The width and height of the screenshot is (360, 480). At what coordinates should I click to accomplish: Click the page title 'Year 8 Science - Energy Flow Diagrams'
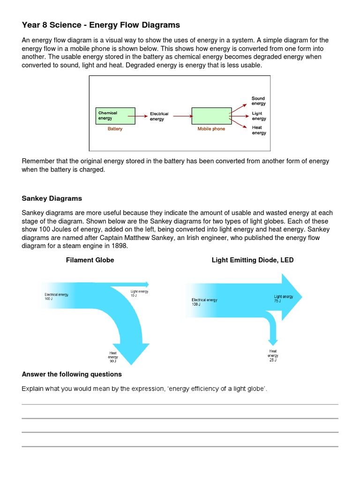(x=101, y=25)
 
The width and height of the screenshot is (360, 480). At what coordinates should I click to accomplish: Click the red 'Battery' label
(x=115, y=129)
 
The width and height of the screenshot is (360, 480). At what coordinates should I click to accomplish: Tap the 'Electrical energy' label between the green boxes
(x=159, y=117)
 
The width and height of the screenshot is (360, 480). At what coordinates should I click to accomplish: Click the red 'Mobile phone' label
(x=211, y=129)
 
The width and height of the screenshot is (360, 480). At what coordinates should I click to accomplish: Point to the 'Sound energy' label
(x=258, y=101)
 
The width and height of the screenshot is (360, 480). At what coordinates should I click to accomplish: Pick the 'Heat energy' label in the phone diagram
(x=258, y=130)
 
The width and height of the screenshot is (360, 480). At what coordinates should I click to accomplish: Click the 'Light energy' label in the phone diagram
(x=258, y=116)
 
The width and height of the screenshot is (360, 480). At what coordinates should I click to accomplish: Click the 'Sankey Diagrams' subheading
(x=52, y=198)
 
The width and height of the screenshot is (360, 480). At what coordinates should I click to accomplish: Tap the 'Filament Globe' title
(x=90, y=260)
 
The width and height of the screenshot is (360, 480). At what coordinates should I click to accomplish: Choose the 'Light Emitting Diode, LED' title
(x=253, y=260)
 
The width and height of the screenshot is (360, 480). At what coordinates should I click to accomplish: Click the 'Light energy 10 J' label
(x=139, y=293)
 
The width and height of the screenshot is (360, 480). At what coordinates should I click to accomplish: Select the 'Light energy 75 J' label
(x=283, y=299)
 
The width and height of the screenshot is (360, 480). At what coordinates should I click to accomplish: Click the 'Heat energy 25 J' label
(x=273, y=356)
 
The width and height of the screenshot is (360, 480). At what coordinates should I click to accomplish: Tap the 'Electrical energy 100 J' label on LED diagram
(x=204, y=302)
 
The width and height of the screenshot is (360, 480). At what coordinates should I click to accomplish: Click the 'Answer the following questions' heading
(x=72, y=374)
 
